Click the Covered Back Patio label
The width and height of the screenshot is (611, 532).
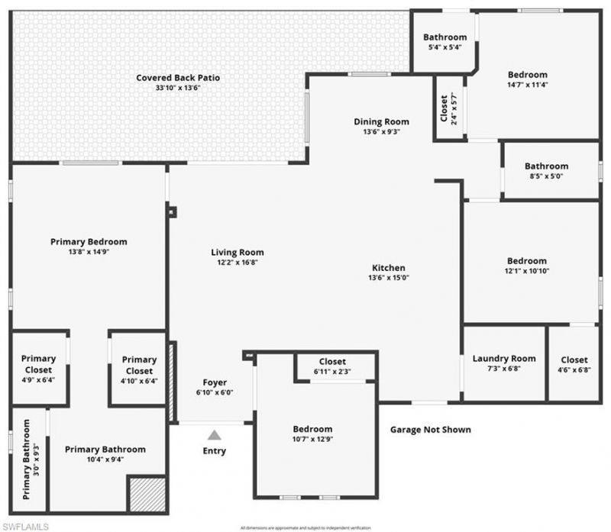pyautogui.click(x=168, y=78)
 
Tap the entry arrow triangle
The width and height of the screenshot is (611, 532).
pyautogui.click(x=215, y=435)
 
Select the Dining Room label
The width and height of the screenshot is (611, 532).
pyautogui.click(x=381, y=121)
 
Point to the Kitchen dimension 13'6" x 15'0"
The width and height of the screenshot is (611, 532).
pyautogui.click(x=388, y=278)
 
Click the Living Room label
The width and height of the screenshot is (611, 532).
pyautogui.click(x=238, y=252)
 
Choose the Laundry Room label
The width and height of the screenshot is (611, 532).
pyautogui.click(x=504, y=359)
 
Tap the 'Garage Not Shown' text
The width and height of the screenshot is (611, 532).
pyautogui.click(x=430, y=430)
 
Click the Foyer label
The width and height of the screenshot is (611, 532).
pyautogui.click(x=215, y=382)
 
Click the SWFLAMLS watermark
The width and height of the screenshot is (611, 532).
pyautogui.click(x=27, y=526)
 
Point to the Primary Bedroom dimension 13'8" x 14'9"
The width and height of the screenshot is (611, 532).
pyautogui.click(x=89, y=252)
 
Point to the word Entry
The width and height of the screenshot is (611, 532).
pyautogui.click(x=215, y=451)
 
